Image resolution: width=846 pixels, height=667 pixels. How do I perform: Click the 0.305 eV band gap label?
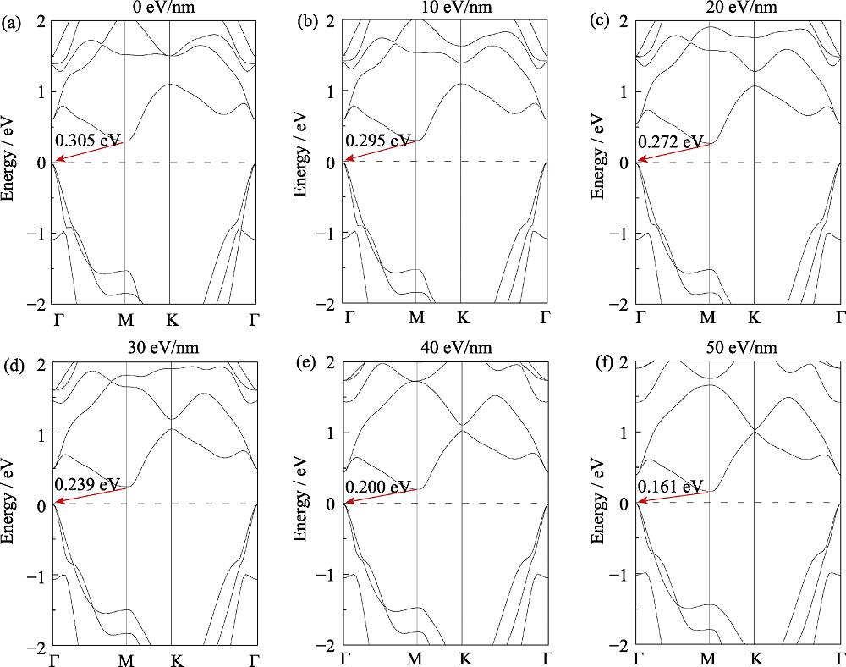[88, 140]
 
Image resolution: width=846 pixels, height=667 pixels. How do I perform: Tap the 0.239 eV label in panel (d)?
[88, 484]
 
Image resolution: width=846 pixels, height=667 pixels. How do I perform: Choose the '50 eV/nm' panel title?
[738, 348]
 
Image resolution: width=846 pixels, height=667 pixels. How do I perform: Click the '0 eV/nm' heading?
[153, 7]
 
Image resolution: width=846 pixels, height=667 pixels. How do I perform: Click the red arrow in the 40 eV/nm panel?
[381, 496]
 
